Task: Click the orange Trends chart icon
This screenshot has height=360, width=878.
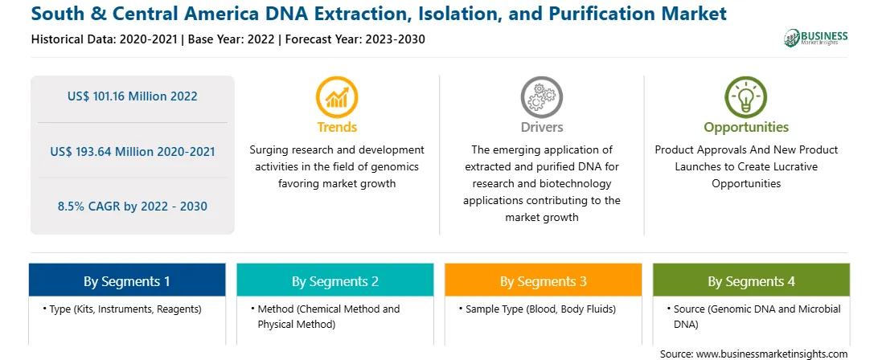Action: click(337, 97)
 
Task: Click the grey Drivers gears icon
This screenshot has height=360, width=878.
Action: click(541, 97)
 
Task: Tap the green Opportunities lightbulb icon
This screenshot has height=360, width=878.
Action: click(746, 97)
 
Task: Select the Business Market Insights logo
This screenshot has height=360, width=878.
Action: click(816, 38)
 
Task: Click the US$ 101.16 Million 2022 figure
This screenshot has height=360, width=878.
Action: click(132, 96)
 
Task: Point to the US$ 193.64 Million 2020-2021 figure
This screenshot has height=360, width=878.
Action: click(132, 151)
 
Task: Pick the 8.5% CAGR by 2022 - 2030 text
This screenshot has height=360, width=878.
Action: click(132, 206)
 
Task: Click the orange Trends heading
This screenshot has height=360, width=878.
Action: click(337, 127)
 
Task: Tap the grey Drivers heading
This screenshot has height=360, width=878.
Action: click(541, 127)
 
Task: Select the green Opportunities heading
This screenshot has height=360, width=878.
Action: click(746, 127)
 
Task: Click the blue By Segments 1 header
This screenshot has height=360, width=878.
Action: click(127, 280)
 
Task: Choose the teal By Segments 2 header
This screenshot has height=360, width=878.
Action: click(334, 280)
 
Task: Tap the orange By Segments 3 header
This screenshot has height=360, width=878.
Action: click(544, 280)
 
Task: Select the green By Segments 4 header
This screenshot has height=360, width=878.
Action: click(752, 280)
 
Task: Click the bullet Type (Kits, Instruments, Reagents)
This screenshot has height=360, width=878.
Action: click(121, 309)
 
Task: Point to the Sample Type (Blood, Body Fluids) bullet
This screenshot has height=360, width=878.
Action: click(537, 309)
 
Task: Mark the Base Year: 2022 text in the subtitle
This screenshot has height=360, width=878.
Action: click(232, 39)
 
